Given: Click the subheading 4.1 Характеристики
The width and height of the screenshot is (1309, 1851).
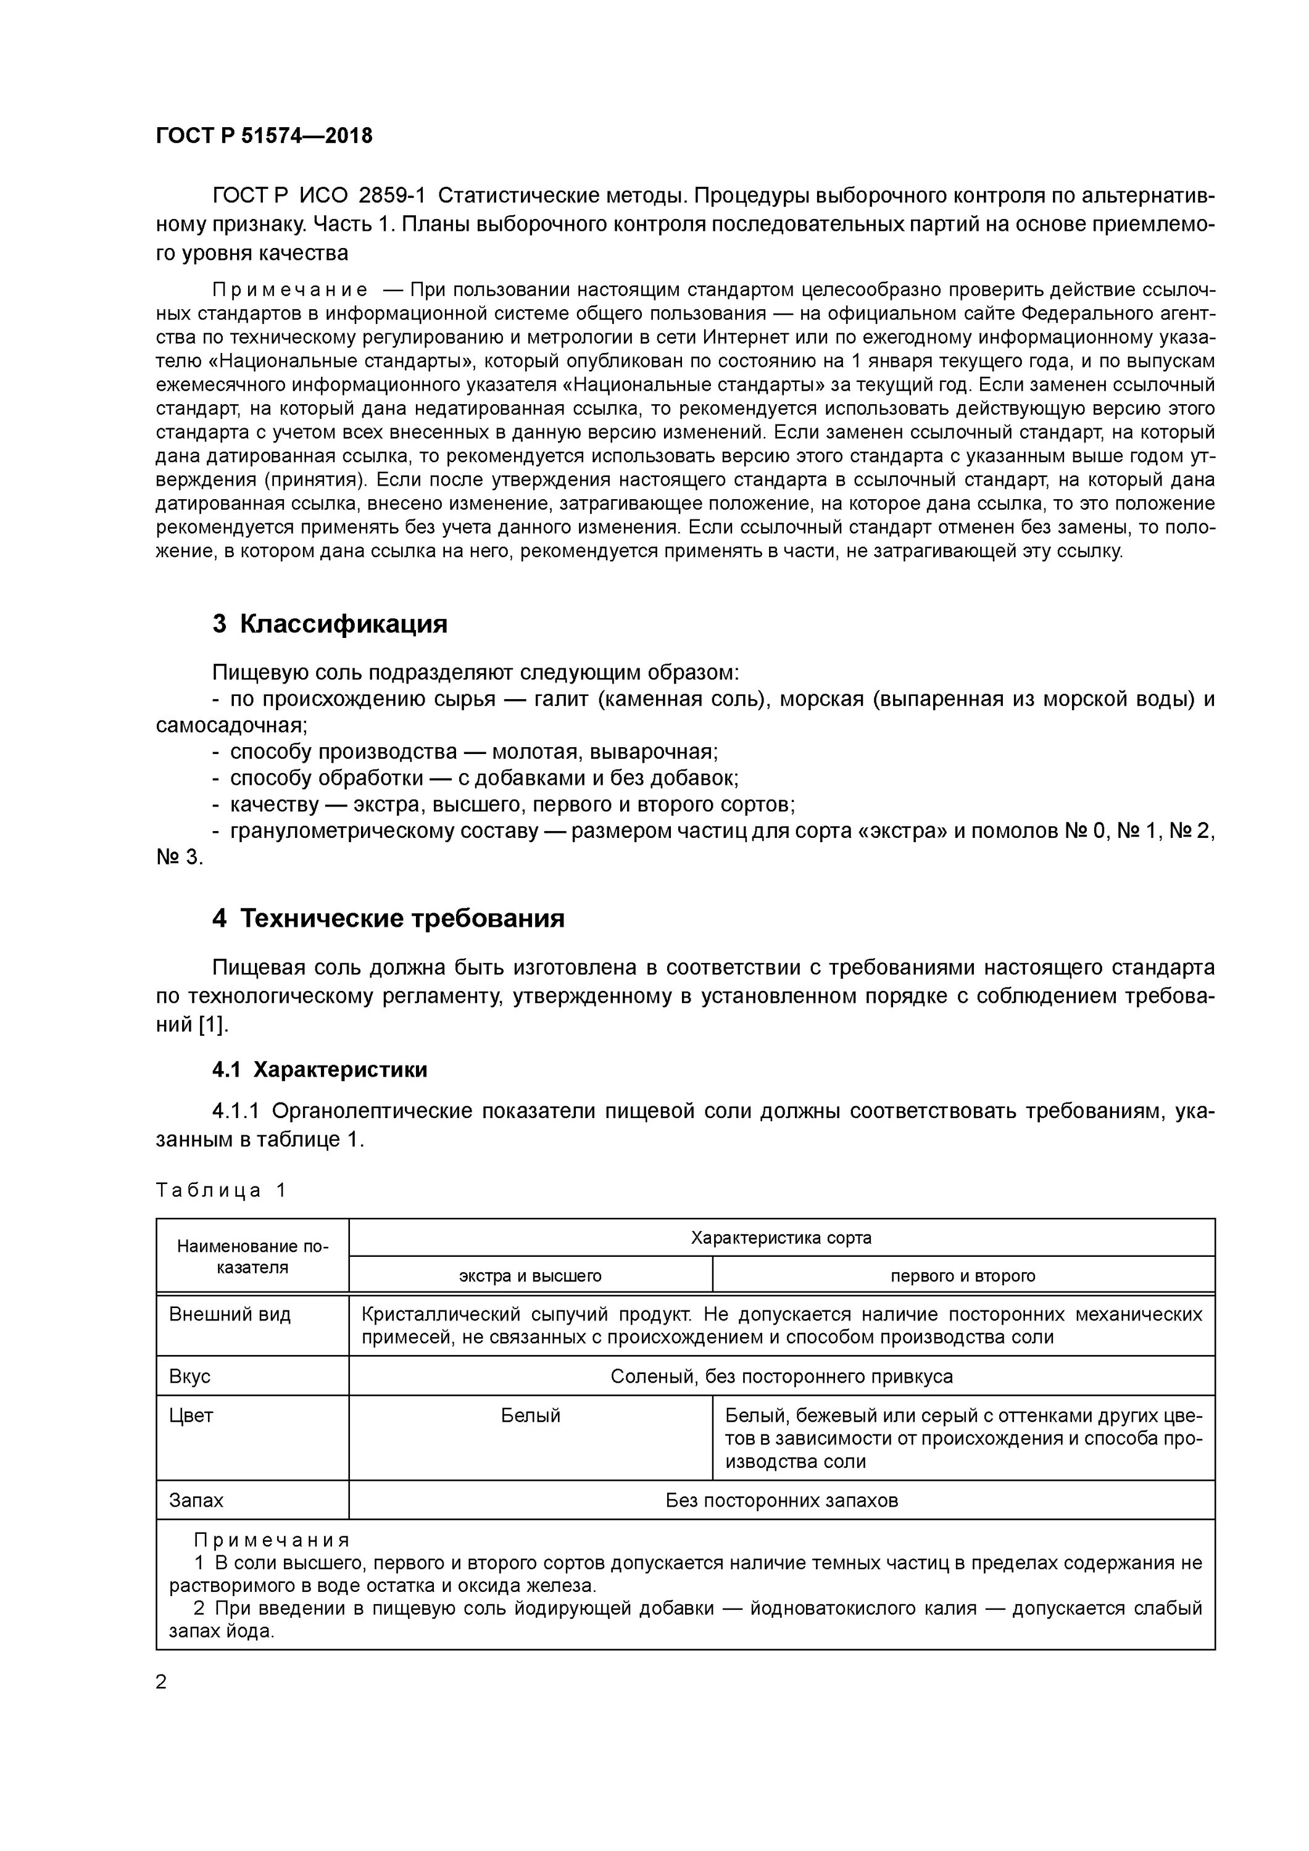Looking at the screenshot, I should click(x=320, y=1070).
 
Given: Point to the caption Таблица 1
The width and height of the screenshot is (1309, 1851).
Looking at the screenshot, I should click(x=221, y=1191).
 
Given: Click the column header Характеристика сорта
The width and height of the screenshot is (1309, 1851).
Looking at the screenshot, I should click(x=781, y=1238).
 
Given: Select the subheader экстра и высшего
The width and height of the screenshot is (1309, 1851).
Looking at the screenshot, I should click(x=530, y=1276).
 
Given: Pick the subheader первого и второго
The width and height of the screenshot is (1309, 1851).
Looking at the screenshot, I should click(x=963, y=1276).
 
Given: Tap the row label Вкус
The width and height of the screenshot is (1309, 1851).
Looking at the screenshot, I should click(x=189, y=1376).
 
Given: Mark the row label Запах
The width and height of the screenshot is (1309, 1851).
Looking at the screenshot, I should click(x=196, y=1501).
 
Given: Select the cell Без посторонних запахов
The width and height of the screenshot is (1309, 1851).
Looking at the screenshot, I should click(x=781, y=1501).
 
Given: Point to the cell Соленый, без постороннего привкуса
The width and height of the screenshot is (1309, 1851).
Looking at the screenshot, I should click(x=781, y=1376).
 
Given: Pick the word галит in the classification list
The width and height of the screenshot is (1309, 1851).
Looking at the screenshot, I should click(x=562, y=699).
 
